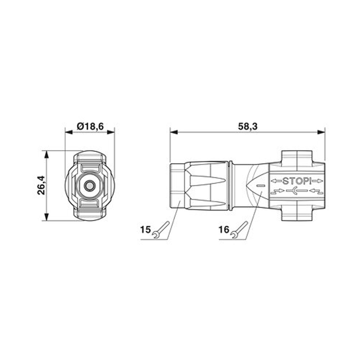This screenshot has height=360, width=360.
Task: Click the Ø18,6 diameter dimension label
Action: click(x=90, y=126)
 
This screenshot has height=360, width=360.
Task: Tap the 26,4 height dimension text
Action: click(x=41, y=185)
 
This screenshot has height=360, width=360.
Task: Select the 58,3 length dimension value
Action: click(x=248, y=126)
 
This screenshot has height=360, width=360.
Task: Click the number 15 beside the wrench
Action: click(x=145, y=229)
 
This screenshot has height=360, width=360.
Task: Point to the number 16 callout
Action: click(x=224, y=229)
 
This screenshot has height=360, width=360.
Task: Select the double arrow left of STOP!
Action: click(x=276, y=181)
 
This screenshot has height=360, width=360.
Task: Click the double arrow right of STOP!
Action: click(x=318, y=181)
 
